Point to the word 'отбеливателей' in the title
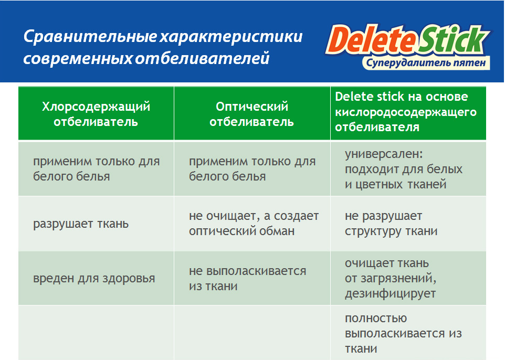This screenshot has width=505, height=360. click(202, 58)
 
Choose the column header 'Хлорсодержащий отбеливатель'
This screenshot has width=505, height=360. click(96, 114)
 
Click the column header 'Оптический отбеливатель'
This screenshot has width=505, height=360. click(252, 114)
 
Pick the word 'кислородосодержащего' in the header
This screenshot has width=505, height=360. click(406, 112)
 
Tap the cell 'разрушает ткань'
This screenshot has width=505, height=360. click(81, 224)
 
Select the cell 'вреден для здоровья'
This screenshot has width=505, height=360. click(94, 278)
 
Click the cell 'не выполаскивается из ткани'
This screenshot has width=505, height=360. click(248, 278)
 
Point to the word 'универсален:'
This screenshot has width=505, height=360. click(384, 154)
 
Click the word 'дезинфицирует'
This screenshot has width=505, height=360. click(391, 294)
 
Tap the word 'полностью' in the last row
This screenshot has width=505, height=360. click(376, 319)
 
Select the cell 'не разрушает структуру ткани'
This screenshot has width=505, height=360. click(391, 224)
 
